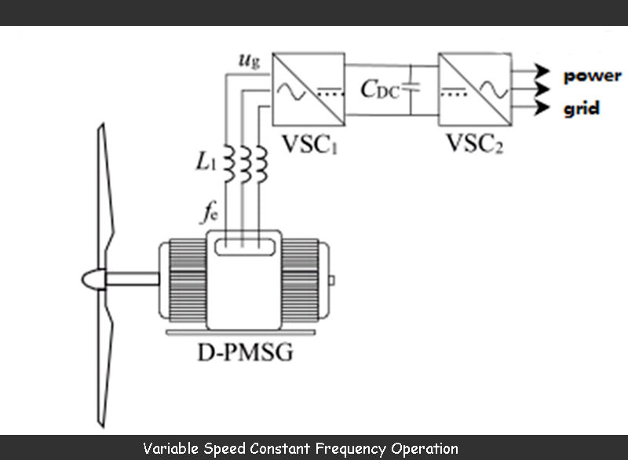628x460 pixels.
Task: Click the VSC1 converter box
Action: [309, 89]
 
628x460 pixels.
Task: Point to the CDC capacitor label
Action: [381, 89]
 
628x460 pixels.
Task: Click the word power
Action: [592, 76]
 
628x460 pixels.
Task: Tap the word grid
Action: [582, 109]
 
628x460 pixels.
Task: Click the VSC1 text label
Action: [309, 143]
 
